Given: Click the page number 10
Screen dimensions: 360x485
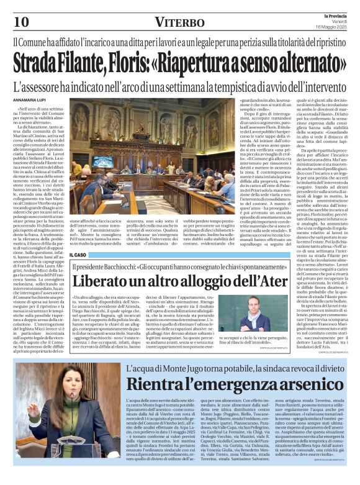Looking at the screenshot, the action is (21, 22).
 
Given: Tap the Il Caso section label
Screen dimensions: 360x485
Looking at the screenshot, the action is (79, 255).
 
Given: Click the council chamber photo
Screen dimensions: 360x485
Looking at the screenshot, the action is (153, 163).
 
